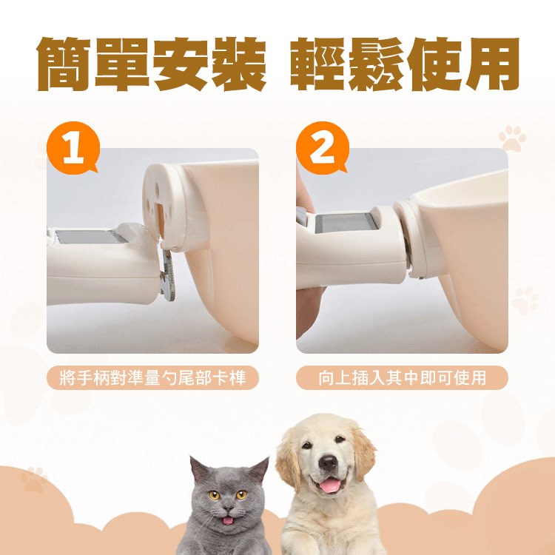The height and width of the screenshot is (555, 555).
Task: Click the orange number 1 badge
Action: point(73,149)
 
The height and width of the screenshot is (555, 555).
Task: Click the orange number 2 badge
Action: point(322,149)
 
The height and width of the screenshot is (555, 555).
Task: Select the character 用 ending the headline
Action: point(491,64)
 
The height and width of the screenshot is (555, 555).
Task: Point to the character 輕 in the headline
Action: point(317,64)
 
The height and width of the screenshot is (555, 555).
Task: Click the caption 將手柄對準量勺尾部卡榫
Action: point(152,378)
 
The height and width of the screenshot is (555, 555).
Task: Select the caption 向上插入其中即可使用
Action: point(402,378)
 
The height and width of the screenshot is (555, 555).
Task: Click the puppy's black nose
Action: point(328,462)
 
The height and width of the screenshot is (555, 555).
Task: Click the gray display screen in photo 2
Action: point(343,223)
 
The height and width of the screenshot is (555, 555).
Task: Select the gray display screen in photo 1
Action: point(88,237)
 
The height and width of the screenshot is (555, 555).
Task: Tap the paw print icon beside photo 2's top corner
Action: point(512,138)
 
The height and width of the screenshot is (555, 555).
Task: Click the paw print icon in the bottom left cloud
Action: point(34,480)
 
